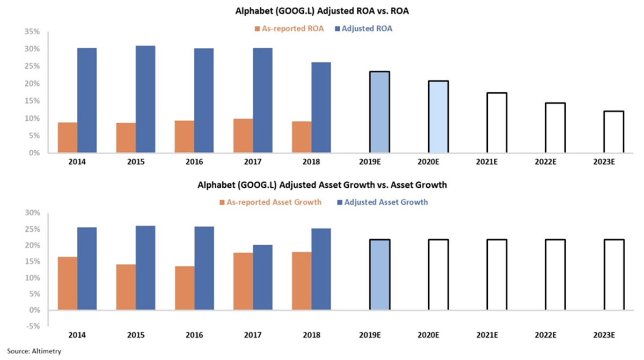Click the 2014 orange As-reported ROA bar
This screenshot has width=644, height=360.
coord(68,138)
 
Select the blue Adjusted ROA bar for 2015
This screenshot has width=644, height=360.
coord(145,99)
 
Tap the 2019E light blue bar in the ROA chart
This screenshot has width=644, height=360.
coord(380,112)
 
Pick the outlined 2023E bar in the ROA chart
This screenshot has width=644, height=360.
coord(614,132)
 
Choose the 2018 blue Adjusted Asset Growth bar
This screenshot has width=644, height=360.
coord(321,269)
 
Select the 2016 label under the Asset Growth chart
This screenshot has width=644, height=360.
coord(194,335)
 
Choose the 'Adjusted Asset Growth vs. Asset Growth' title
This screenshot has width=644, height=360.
coord(322,186)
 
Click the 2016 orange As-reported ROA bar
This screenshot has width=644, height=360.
coord(185,137)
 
